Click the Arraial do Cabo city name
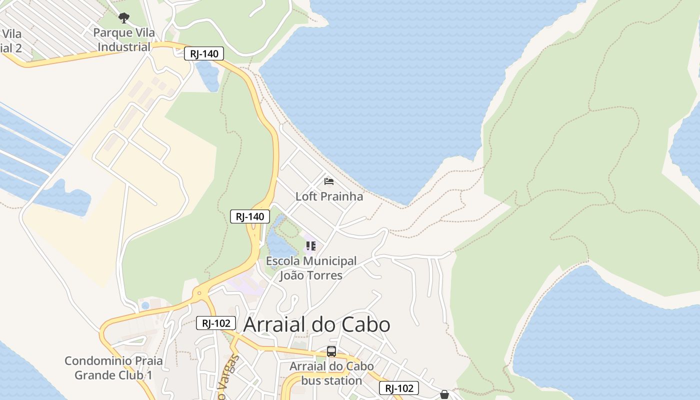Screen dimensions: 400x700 point(316,325)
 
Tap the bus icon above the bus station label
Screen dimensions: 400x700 point(331,351)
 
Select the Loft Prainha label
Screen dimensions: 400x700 point(329,196)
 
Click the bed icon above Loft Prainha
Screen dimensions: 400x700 point(329,181)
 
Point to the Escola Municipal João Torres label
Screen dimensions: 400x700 point(311,268)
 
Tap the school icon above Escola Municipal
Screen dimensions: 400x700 point(311,245)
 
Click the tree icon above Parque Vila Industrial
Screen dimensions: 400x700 point(124,18)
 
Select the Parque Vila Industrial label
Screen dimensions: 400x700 point(124,40)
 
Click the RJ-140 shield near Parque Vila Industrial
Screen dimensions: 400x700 point(203,53)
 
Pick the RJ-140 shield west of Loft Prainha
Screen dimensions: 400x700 point(250,216)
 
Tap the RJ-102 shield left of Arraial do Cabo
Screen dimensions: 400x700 point(216,323)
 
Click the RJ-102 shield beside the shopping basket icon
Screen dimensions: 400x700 point(398,388)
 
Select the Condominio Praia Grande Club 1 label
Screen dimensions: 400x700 point(106,368)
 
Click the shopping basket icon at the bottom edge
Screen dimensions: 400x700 point(444,394)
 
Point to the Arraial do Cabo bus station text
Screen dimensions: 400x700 point(331,373)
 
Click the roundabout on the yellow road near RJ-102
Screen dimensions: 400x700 point(199,293)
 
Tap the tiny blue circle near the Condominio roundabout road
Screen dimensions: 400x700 point(145,305)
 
